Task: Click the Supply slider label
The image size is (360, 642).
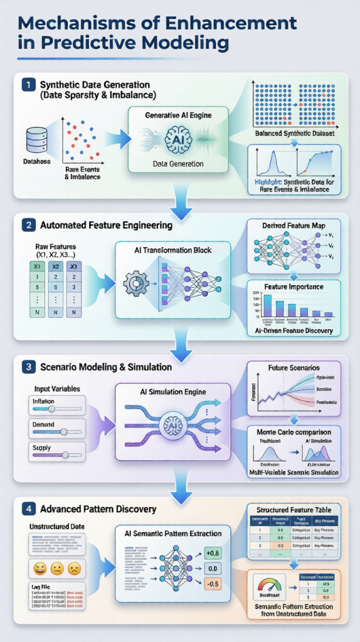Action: point(41,447)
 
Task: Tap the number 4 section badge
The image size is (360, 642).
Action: point(27,508)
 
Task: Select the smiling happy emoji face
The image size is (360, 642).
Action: point(38,567)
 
